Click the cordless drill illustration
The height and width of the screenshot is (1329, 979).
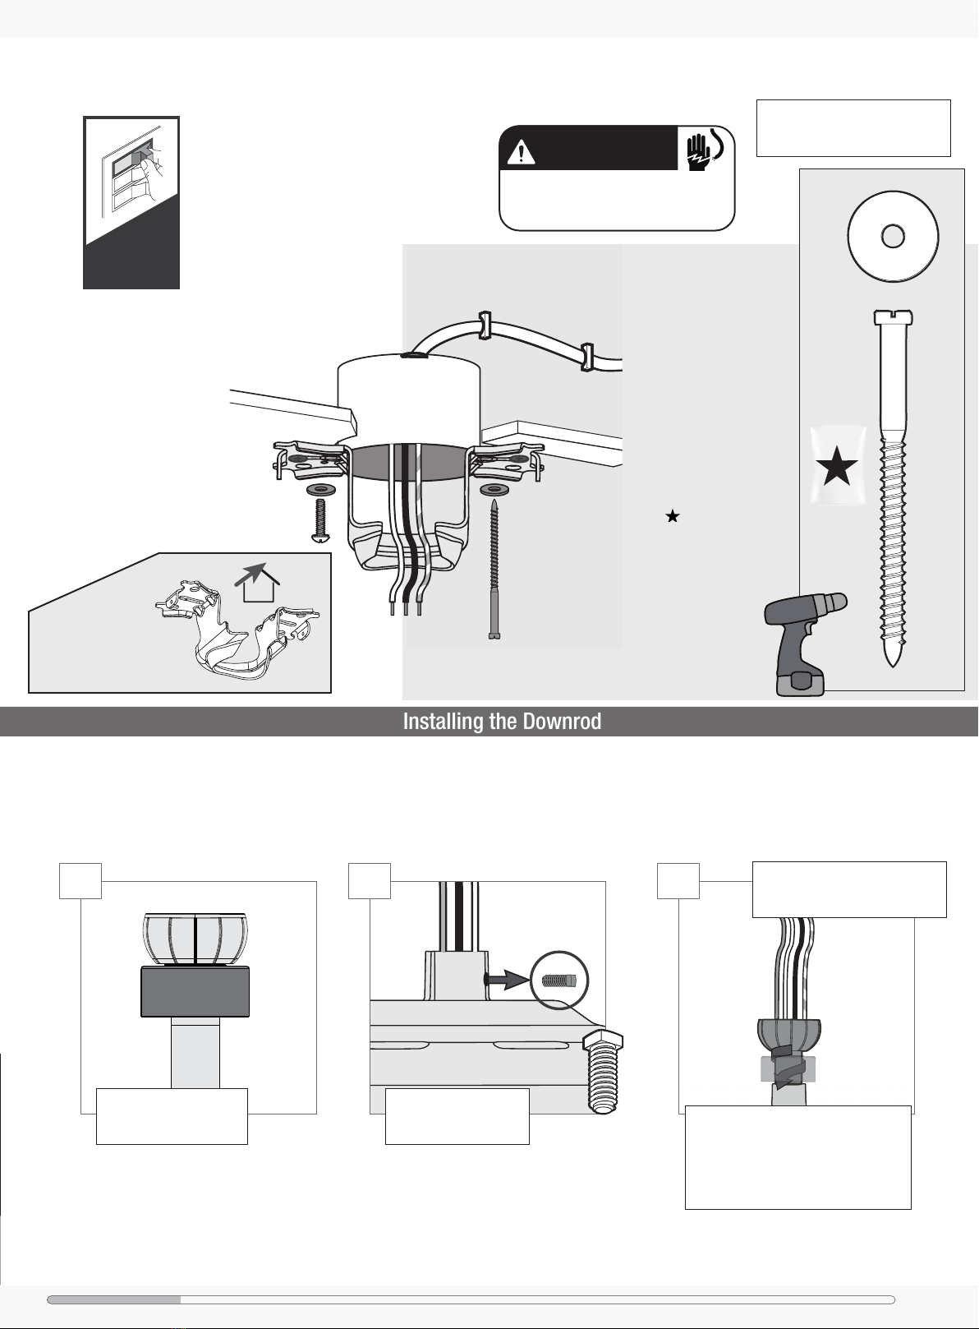point(800,641)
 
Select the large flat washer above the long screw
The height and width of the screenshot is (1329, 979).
point(892,237)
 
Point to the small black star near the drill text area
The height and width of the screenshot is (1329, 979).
point(673,516)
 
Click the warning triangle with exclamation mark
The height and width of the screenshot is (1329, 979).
point(521,152)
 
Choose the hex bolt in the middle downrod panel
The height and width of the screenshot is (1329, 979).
point(604,1072)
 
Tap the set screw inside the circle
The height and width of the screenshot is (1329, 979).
point(561,980)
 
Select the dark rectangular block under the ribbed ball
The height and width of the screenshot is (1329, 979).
point(195,991)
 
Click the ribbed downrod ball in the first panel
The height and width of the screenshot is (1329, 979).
point(195,937)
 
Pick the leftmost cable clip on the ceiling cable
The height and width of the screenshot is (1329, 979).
point(485,325)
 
